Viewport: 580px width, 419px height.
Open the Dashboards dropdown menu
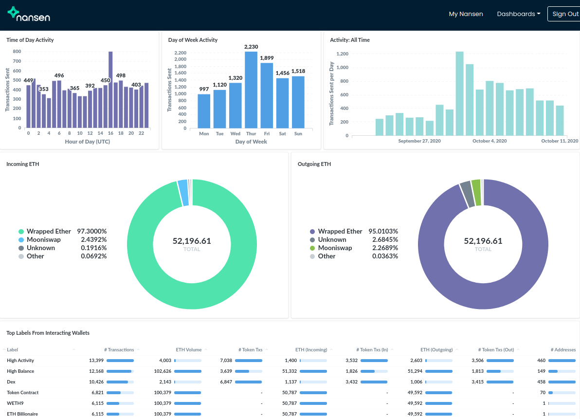coord(518,14)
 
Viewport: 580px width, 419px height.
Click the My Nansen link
coord(466,14)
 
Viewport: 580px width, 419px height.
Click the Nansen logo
coord(29,15)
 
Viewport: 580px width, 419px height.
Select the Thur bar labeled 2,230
coord(251,90)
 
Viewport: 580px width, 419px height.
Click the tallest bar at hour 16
coord(110,90)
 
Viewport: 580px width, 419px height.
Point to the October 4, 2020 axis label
coord(489,141)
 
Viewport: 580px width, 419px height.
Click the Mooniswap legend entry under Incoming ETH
coord(43,239)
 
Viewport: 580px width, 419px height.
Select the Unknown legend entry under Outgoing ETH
coord(332,239)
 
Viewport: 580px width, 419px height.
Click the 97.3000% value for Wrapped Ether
coord(93,231)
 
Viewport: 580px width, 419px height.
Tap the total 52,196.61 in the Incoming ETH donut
coord(192,241)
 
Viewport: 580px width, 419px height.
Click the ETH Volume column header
coord(188,349)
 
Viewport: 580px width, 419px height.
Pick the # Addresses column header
coord(563,349)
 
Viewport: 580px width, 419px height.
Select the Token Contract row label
coord(22,392)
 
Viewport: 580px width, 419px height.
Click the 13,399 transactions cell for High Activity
coord(96,360)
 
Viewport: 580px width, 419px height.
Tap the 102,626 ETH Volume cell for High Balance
coord(163,371)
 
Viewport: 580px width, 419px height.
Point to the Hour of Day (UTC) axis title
coord(88,142)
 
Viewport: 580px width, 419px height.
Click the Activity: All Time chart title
coord(350,40)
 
